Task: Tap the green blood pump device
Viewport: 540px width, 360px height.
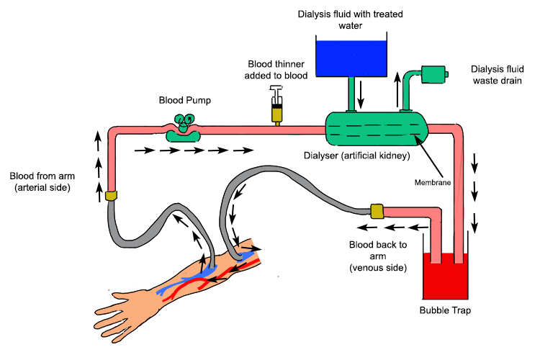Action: coord(184,130)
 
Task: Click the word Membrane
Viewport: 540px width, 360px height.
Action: coord(433,182)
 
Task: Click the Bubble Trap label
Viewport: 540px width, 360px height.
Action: coord(445,311)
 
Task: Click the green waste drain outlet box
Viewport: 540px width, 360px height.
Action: coord(434,73)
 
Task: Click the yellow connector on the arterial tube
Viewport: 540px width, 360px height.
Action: coord(112,195)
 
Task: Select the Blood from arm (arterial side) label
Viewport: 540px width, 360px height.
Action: coord(43,182)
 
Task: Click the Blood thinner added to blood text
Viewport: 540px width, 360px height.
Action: coord(277,68)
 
